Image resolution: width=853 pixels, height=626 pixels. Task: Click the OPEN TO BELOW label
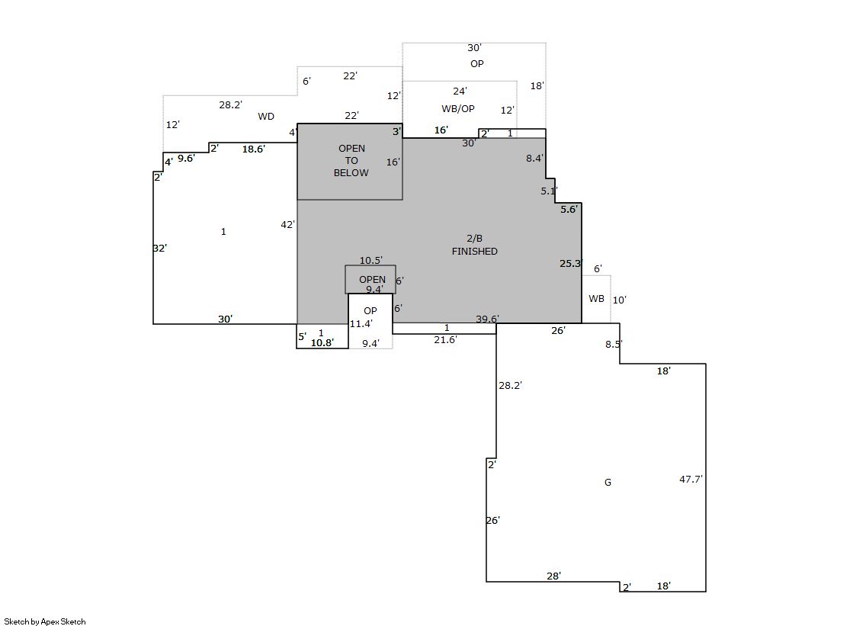(x=351, y=161)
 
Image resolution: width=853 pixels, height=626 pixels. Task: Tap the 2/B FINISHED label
(x=474, y=245)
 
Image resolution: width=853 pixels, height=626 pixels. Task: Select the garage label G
(x=608, y=483)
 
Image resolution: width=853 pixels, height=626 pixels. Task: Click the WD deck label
(x=266, y=117)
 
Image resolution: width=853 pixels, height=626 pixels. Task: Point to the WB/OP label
(x=458, y=109)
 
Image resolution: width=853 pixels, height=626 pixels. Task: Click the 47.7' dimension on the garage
(x=691, y=479)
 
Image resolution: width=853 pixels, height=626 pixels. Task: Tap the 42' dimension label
(x=288, y=224)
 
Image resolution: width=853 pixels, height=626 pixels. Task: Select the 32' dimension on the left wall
(x=160, y=249)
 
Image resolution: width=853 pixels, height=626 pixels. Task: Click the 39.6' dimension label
(x=487, y=319)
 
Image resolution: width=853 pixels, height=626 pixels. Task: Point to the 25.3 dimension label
(x=570, y=264)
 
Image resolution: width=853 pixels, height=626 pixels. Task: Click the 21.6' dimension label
(x=445, y=339)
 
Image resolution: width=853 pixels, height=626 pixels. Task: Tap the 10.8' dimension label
(x=322, y=342)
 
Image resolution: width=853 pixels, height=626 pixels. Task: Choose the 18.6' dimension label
(x=254, y=149)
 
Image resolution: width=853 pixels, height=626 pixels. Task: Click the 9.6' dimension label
(x=186, y=159)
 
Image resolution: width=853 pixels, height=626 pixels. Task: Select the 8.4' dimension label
(x=534, y=159)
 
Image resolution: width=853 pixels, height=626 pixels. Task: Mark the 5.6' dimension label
(x=569, y=210)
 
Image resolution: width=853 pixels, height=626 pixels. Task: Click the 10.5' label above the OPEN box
(x=371, y=261)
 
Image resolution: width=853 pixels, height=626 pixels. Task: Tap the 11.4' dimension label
(x=361, y=324)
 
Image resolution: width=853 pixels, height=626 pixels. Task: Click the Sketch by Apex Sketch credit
(x=45, y=621)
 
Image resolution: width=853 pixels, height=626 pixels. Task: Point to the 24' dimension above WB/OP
(x=460, y=91)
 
